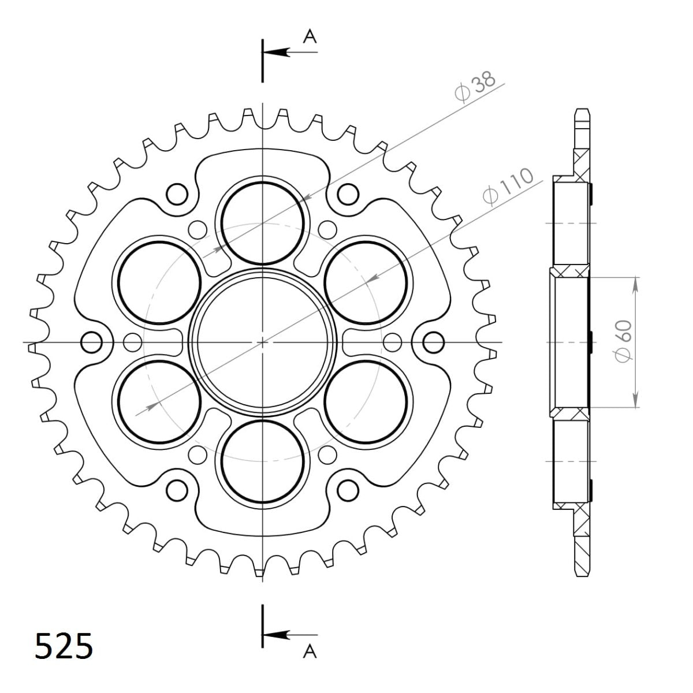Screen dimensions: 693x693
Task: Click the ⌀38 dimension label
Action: pos(475,88)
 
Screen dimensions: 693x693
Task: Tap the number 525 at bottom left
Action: pos(64,646)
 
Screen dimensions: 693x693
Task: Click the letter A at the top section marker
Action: pos(310,37)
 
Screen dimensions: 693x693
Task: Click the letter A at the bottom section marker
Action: pos(310,652)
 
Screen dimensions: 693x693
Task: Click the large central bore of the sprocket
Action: pos(263,342)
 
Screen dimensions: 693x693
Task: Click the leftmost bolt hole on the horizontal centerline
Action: pos(91,342)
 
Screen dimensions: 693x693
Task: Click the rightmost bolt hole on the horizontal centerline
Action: pos(434,342)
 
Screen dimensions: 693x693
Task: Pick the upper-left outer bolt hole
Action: pos(177,194)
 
